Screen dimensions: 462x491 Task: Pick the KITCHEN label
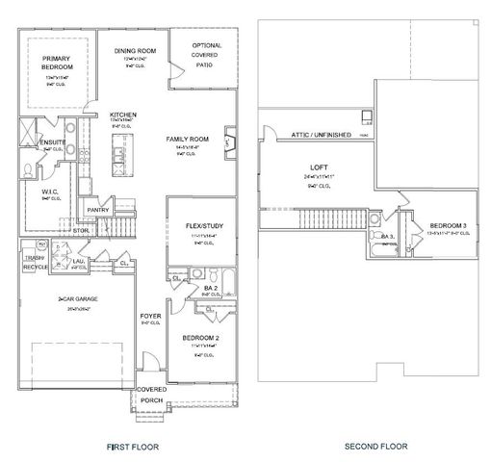(123, 114)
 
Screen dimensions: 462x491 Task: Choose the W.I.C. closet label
(51, 191)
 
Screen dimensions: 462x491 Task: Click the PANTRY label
(96, 209)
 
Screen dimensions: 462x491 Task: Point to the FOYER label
(150, 316)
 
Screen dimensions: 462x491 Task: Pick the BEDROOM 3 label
(448, 225)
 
